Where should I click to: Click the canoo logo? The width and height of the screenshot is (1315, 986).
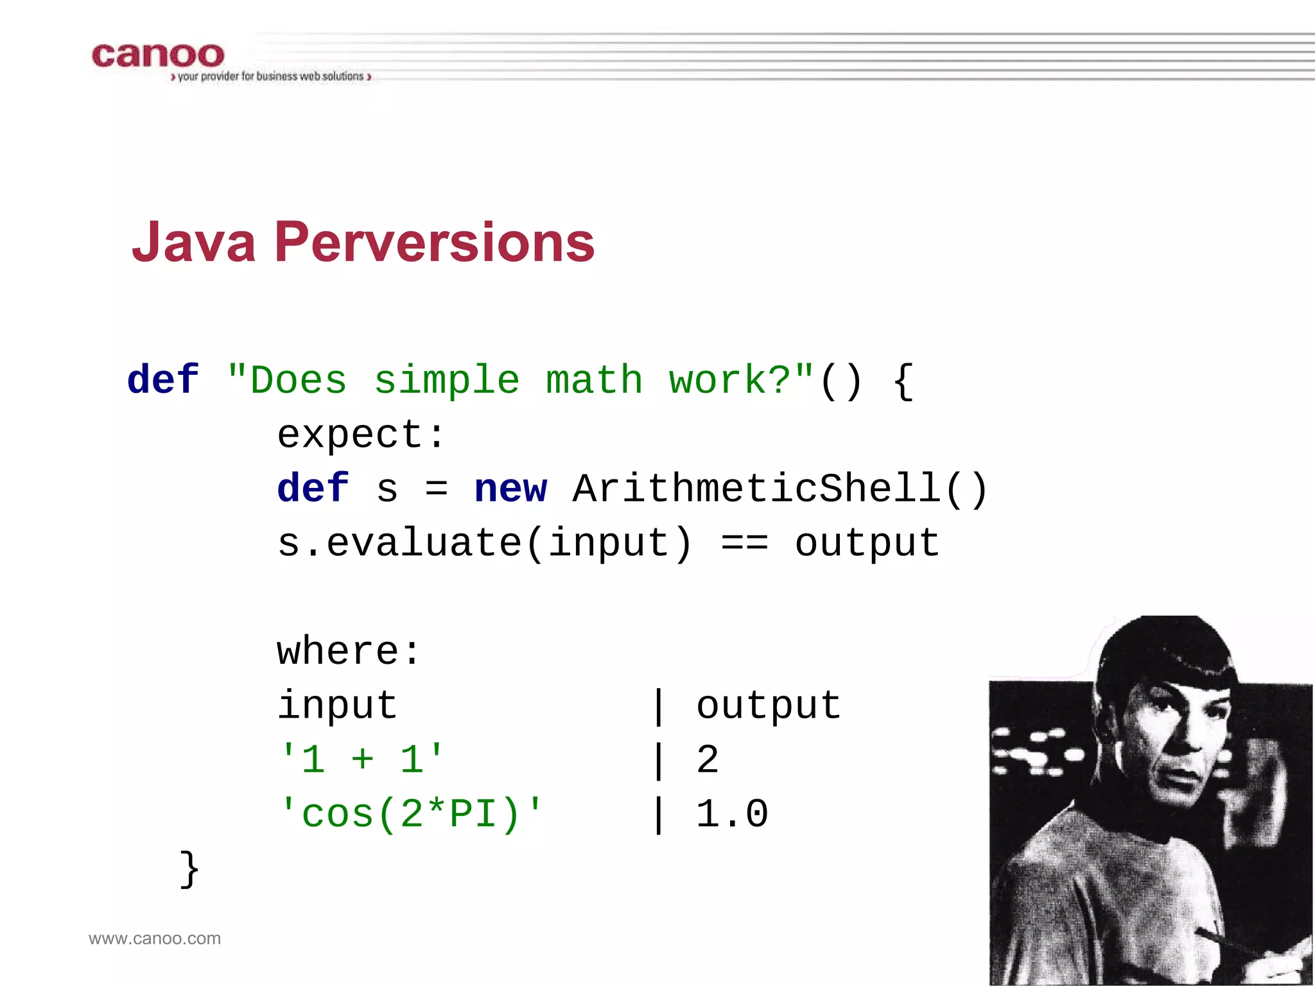tap(158, 56)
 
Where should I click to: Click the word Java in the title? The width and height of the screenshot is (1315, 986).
tap(194, 243)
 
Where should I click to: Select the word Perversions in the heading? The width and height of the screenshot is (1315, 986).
tap(435, 243)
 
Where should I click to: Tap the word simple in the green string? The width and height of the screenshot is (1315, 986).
tap(446, 380)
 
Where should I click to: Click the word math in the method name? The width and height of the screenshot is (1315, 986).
tap(594, 380)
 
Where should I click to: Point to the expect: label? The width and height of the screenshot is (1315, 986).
tap(361, 435)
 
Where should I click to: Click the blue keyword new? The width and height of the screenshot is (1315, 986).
tap(510, 489)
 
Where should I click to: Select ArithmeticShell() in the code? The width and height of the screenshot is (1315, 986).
tap(779, 489)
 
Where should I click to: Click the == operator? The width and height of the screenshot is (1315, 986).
tap(744, 543)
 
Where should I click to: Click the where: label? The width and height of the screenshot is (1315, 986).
tap(349, 652)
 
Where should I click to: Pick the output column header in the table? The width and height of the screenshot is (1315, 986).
tap(769, 705)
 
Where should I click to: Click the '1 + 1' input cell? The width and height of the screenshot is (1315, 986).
tap(361, 759)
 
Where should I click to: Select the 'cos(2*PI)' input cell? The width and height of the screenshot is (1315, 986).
tap(411, 814)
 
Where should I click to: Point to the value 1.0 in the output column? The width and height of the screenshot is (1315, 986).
tap(732, 814)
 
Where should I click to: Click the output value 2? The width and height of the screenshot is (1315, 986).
tap(707, 759)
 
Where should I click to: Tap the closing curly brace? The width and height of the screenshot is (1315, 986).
tap(189, 869)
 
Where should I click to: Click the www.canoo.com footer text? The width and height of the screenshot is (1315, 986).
tap(155, 938)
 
